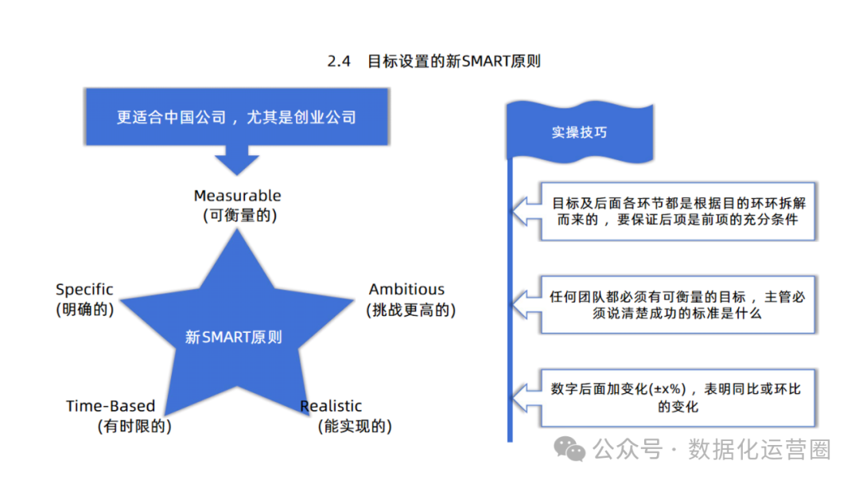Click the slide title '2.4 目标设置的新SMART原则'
tap(433, 61)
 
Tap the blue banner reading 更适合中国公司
tap(236, 117)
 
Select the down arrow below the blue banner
tap(236, 160)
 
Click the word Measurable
tap(237, 195)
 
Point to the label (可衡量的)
tap(237, 215)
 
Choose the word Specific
tap(84, 290)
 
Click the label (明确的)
tap(84, 310)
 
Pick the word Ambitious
tap(406, 290)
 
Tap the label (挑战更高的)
tap(410, 310)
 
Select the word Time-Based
tap(111, 406)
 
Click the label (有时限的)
tap(134, 426)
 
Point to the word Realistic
tap(331, 406)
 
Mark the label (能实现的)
tap(354, 426)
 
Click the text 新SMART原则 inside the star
tap(233, 338)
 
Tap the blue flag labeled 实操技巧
tap(579, 132)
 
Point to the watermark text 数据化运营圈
tap(759, 449)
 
